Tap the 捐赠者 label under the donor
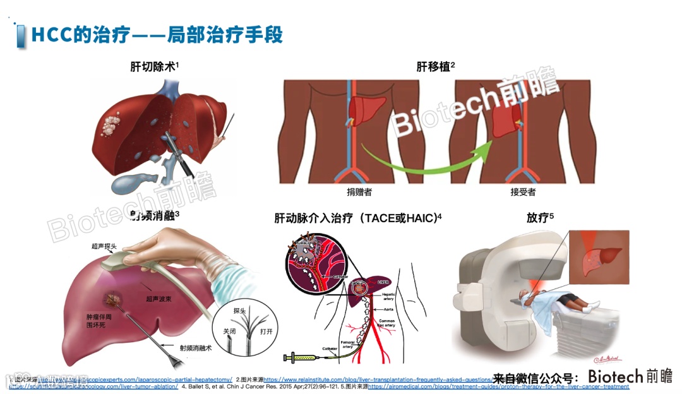(359, 192)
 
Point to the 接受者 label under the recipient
(523, 192)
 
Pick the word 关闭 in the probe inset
(221, 328)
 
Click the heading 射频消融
(154, 217)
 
